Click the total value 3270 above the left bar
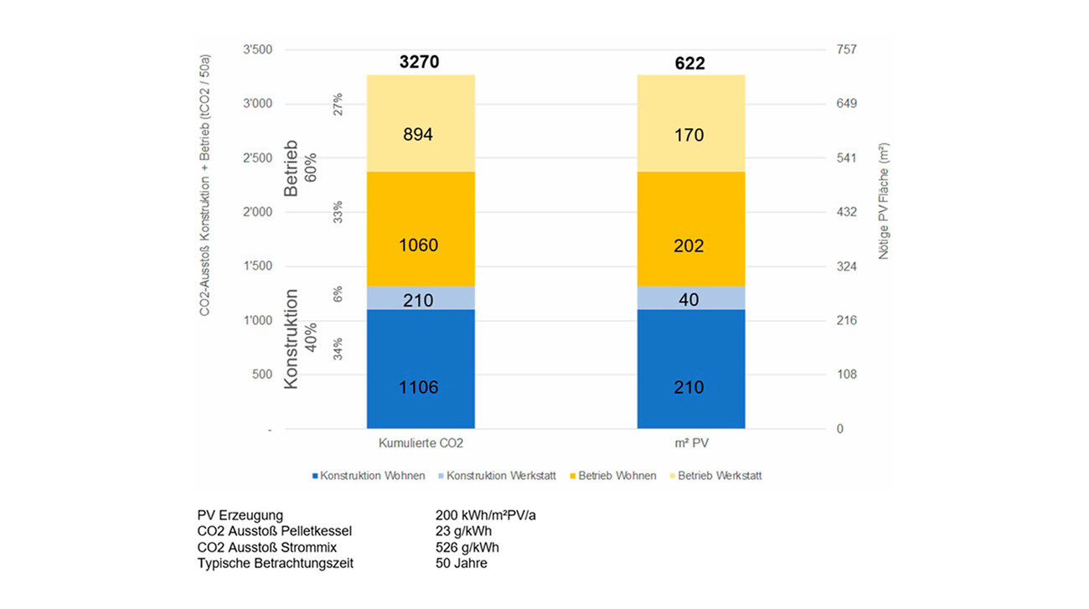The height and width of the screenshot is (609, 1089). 419,63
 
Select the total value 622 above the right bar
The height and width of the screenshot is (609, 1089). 689,64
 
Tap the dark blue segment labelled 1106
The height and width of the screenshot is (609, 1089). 419,369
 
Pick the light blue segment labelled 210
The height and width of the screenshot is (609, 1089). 419,297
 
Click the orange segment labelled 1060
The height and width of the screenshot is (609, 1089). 419,229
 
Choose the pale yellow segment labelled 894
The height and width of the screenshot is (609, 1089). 419,123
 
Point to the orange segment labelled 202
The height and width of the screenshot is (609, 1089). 689,229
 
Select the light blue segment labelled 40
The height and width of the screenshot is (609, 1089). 689,297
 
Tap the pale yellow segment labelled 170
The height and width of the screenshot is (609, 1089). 689,123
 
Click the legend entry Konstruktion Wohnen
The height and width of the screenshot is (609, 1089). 368,476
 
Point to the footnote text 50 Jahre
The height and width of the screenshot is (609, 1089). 462,564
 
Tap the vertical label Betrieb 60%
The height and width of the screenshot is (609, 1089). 299,168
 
